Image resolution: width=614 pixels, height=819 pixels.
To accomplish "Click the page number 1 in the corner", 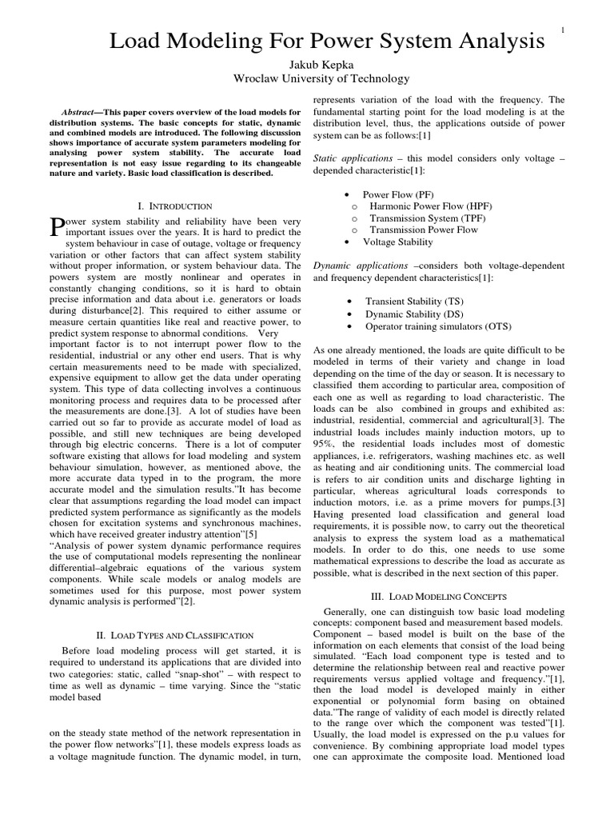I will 563,30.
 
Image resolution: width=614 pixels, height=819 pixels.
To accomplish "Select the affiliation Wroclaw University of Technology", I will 309,78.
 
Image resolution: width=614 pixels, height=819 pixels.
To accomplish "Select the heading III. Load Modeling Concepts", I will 451,596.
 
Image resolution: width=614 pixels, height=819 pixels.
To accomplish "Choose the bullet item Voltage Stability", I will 398,241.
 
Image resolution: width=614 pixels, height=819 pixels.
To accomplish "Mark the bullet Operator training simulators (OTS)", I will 438,326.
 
